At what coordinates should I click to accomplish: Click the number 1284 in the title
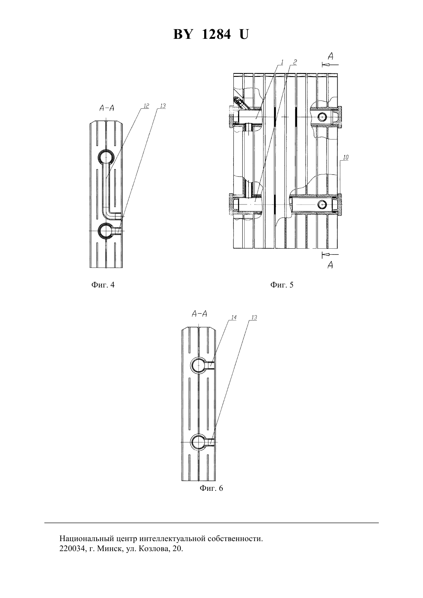pos(216,35)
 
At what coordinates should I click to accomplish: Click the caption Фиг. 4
pos(103,285)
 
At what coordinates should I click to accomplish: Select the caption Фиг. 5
pos(282,285)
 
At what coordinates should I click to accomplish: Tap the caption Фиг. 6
pos(211,488)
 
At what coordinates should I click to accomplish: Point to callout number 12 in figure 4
pos(146,106)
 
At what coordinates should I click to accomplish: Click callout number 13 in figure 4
pos(162,106)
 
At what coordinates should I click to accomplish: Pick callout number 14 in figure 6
pos(234,317)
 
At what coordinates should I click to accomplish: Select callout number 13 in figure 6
pos(254,317)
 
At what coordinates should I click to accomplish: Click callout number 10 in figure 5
pos(345,158)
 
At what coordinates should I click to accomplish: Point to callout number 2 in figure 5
pos(295,61)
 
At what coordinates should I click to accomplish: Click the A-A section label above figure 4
pos(107,108)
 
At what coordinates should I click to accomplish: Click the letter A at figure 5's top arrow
pos(331,56)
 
